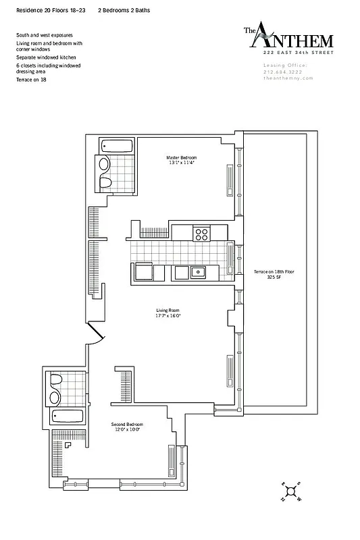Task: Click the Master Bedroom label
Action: (180, 157)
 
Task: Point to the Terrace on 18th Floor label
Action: (274, 271)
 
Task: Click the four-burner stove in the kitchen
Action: (201, 234)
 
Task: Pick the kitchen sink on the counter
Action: (197, 272)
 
